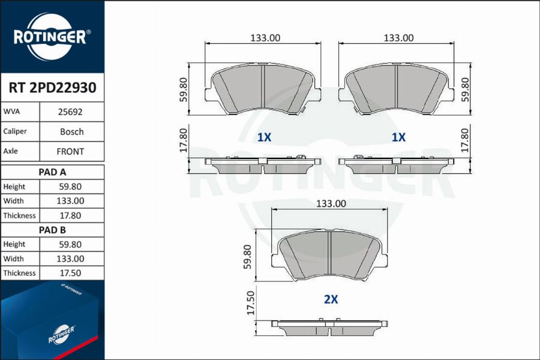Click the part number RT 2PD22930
[52, 88]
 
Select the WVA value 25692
[70, 112]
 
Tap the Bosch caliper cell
[71, 131]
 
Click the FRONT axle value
[70, 151]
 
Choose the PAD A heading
[52, 172]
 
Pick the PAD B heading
[52, 230]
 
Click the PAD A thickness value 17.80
[70, 215]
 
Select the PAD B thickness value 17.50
[70, 273]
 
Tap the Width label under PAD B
[13, 259]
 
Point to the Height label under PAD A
[14, 187]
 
